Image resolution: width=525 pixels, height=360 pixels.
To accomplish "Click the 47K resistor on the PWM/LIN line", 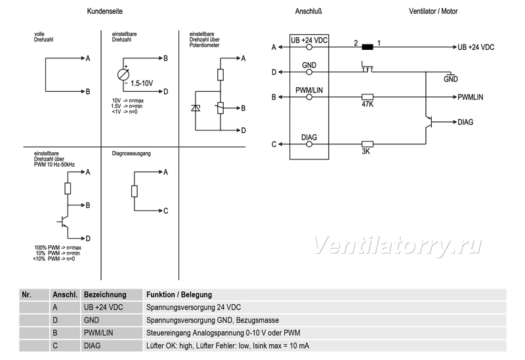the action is pyautogui.click(x=367, y=97).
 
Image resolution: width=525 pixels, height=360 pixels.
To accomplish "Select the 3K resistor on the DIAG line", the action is pyautogui.click(x=367, y=144).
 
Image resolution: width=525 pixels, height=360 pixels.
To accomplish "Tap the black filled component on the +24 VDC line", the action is pyautogui.click(x=367, y=47).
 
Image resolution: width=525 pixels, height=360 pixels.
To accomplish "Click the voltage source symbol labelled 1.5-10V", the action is pyautogui.click(x=123, y=74).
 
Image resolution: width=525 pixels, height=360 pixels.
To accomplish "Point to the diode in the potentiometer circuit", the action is pyautogui.click(x=196, y=108).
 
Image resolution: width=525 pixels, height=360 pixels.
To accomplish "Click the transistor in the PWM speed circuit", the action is pyautogui.click(x=63, y=222).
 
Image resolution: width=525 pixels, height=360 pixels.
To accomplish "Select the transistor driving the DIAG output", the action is pyautogui.click(x=429, y=122).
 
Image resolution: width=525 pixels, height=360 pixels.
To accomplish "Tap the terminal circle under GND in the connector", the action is pyautogui.click(x=309, y=72).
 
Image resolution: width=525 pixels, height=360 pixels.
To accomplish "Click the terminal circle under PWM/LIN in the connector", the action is pyautogui.click(x=309, y=97).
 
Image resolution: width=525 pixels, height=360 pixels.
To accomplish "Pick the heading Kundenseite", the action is pyautogui.click(x=105, y=11).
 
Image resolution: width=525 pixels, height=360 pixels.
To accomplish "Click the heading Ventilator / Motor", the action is pyautogui.click(x=433, y=11).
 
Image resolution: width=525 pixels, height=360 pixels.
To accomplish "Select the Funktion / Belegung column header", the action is pyautogui.click(x=179, y=295).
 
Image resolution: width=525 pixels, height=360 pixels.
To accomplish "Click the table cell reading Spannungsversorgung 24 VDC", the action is pyautogui.click(x=194, y=308).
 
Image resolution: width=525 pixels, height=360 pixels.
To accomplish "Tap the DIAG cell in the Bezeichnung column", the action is pyautogui.click(x=92, y=346).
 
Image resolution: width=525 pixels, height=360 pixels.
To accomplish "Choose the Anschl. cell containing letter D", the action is pyautogui.click(x=55, y=320).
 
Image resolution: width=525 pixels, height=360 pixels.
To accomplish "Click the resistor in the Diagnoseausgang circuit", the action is pyautogui.click(x=135, y=191).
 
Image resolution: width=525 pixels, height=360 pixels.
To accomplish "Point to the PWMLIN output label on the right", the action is pyautogui.click(x=471, y=97).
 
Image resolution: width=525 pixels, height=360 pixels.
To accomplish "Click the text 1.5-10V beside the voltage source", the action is pyautogui.click(x=142, y=83).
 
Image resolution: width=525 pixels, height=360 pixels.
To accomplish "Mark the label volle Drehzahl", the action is pyautogui.click(x=43, y=37).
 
